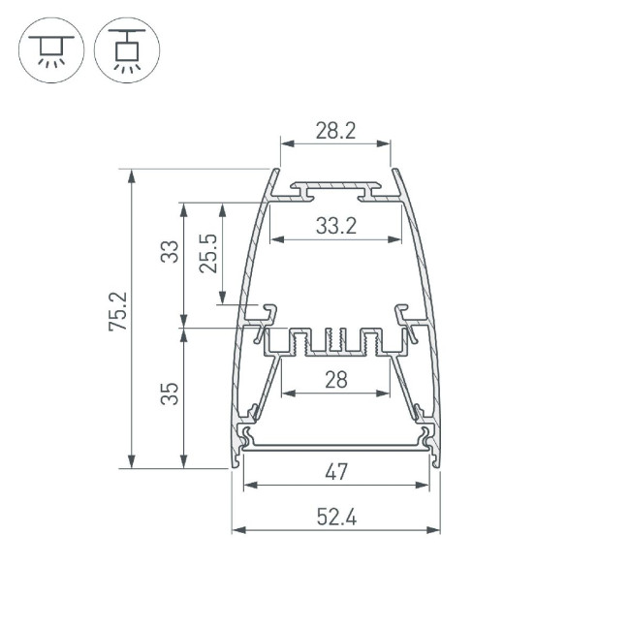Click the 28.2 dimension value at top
[335, 131]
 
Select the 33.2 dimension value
[335, 226]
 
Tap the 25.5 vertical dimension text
[207, 253]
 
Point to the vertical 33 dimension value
[170, 253]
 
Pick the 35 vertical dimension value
[170, 394]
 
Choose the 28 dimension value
[335, 380]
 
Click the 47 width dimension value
[335, 472]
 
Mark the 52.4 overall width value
[335, 518]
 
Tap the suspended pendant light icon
[127, 50]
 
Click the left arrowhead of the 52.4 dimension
[237, 530]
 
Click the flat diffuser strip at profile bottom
[335, 446]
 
